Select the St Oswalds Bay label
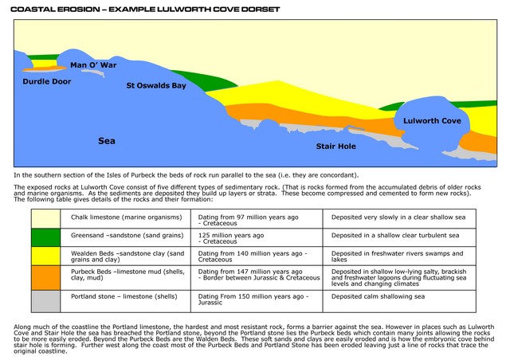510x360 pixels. (156, 85)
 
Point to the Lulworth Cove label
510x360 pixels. (432, 120)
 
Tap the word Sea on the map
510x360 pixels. (107, 140)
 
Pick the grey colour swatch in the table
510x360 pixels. (46, 300)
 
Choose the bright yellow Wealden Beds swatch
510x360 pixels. (46, 256)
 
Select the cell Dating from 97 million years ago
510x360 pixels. (257, 219)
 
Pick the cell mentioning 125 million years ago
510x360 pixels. (257, 238)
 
